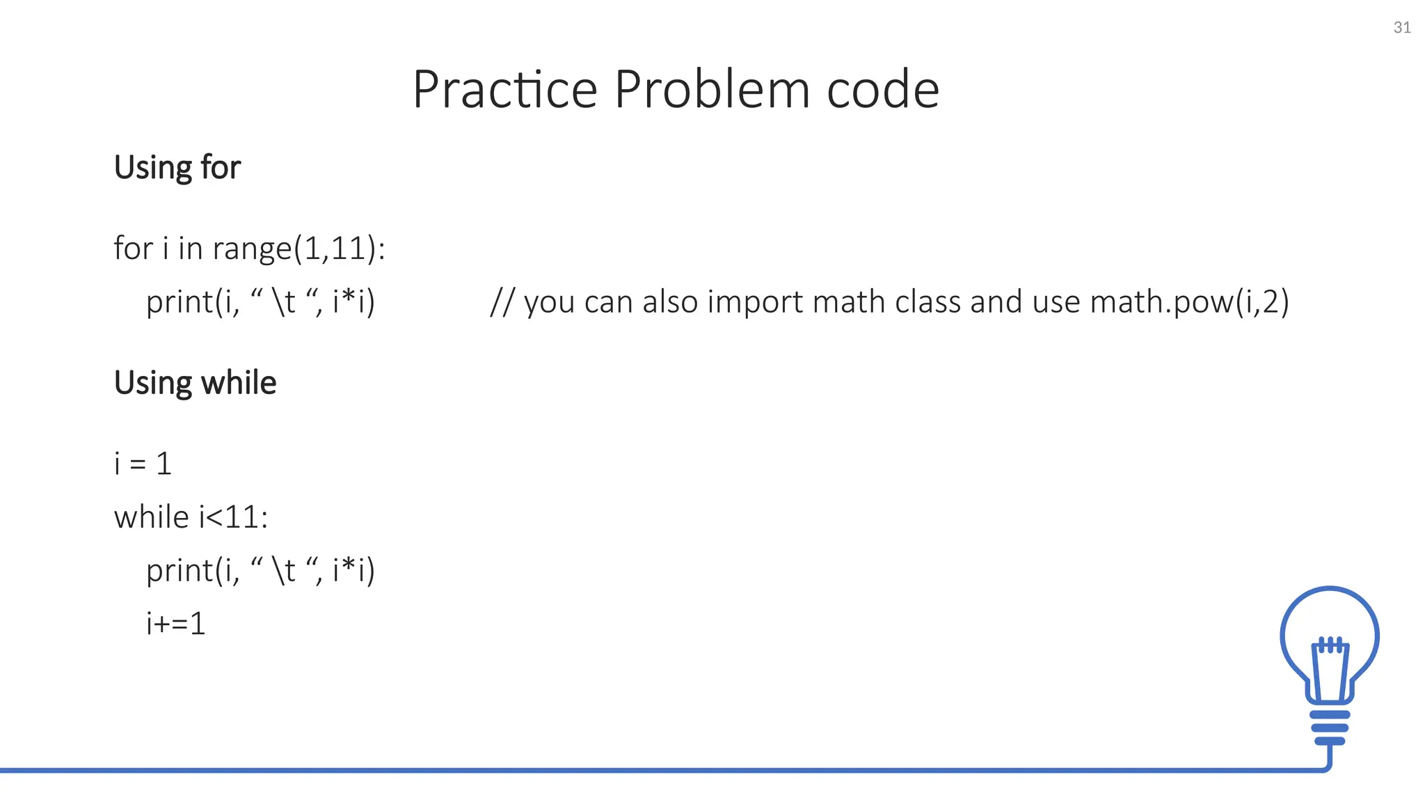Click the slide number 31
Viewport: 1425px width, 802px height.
[x=1402, y=28]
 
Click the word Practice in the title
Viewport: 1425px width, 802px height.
[x=505, y=90]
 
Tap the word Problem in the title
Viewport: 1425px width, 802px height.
[x=712, y=90]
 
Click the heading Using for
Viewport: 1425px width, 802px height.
[x=177, y=168]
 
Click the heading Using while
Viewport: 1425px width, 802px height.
[x=195, y=383]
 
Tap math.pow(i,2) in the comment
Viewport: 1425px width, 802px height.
[x=1189, y=302]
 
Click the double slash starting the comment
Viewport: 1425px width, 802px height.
[x=502, y=302]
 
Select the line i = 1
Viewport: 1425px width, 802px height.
[x=143, y=464]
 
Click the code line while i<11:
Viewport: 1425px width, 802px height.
[x=191, y=517]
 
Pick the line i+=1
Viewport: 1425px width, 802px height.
[x=175, y=623]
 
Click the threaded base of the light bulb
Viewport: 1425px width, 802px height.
[x=1330, y=728]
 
